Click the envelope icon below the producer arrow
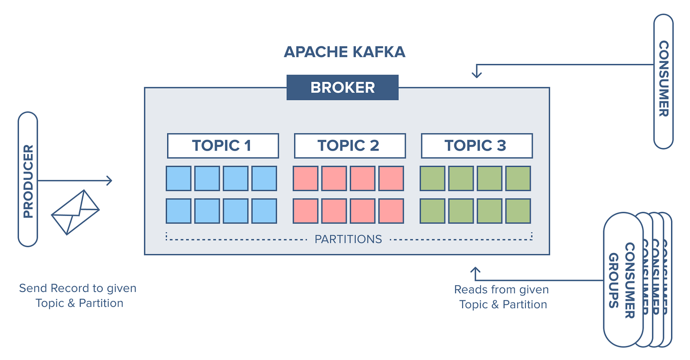pyautogui.click(x=75, y=212)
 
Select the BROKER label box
pyautogui.click(x=342, y=87)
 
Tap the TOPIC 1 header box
pyautogui.click(x=223, y=145)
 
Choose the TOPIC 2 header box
pyautogui.click(x=350, y=145)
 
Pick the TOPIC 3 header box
pyautogui.click(x=477, y=145)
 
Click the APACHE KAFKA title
pyautogui.click(x=345, y=52)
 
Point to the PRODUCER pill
pyautogui.click(x=28, y=179)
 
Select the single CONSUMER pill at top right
pyautogui.click(x=663, y=81)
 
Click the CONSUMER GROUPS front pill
pyautogui.click(x=623, y=280)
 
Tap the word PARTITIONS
pyautogui.click(x=348, y=239)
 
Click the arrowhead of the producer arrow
pyautogui.click(x=110, y=180)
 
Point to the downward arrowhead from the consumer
pyautogui.click(x=476, y=74)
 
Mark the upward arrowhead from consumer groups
pyautogui.click(x=475, y=270)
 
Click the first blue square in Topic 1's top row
pyautogui.click(x=179, y=178)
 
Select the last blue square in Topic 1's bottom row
pyautogui.click(x=264, y=211)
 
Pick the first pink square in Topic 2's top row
pyautogui.click(x=306, y=178)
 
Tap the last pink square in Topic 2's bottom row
pyautogui.click(x=391, y=211)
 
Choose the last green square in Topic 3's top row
pyautogui.click(x=518, y=178)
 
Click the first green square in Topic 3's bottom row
pyautogui.click(x=433, y=211)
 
